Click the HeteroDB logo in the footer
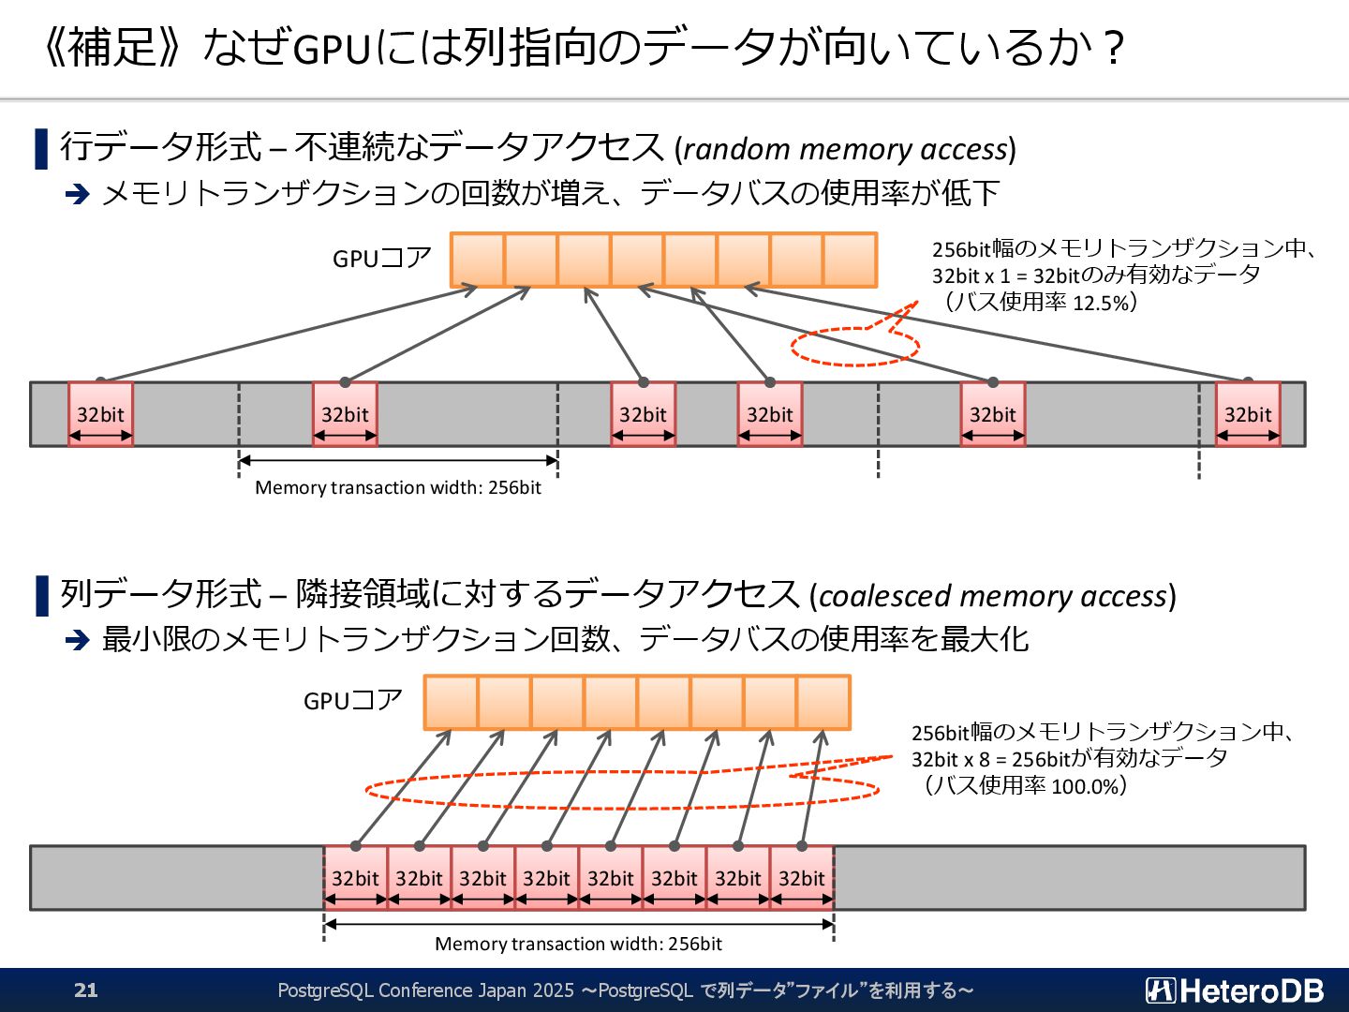pyautogui.click(x=1235, y=990)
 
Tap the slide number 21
pyautogui.click(x=86, y=990)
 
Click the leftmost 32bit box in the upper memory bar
pyautogui.click(x=100, y=414)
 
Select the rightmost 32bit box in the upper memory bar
pyautogui.click(x=1248, y=414)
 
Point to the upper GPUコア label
pyautogui.click(x=382, y=259)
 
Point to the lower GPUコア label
pyautogui.click(x=353, y=701)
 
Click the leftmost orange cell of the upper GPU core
pyautogui.click(x=477, y=260)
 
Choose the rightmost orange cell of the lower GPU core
pyautogui.click(x=823, y=702)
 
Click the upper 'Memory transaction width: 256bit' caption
pyautogui.click(x=398, y=487)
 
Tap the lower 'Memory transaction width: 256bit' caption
pyautogui.click(x=578, y=944)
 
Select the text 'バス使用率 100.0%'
pyautogui.click(x=1027, y=785)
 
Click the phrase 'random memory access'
pyautogui.click(x=844, y=149)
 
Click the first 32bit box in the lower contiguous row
pyautogui.click(x=355, y=878)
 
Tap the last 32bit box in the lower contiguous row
pyautogui.click(x=802, y=878)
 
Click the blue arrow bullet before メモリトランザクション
pyautogui.click(x=77, y=194)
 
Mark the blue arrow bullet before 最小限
pyautogui.click(x=77, y=640)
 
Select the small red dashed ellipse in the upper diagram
pyautogui.click(x=854, y=347)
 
